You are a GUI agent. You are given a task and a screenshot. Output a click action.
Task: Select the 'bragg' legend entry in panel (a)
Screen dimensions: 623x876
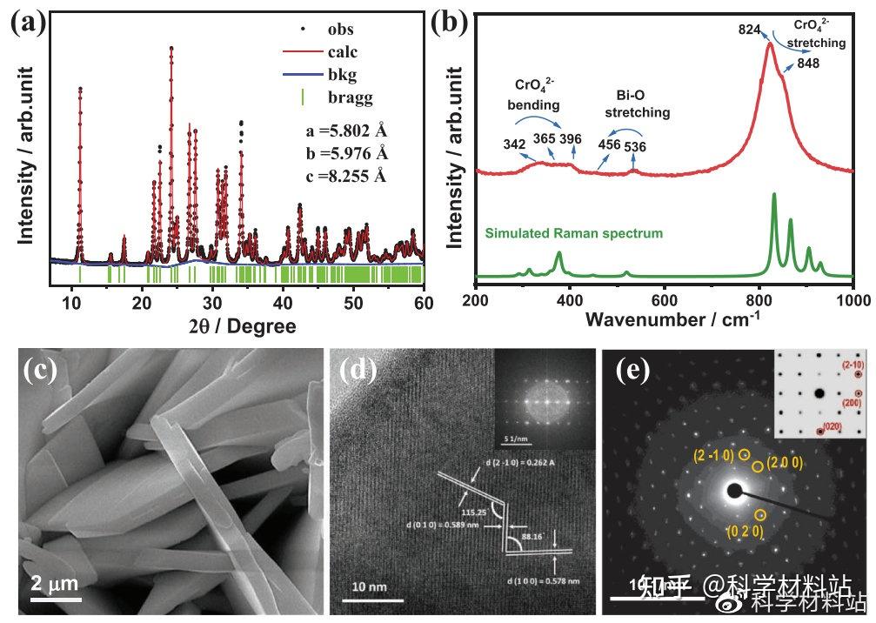[x=350, y=97]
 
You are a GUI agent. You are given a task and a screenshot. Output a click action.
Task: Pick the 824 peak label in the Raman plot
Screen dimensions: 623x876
[x=750, y=30]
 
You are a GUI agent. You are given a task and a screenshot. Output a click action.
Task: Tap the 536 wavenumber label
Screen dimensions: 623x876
[x=635, y=146]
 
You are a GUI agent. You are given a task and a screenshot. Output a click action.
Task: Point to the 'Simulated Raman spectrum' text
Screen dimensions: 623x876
[x=574, y=233]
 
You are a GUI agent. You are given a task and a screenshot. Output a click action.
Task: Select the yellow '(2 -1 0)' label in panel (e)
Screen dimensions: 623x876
[x=713, y=456]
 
